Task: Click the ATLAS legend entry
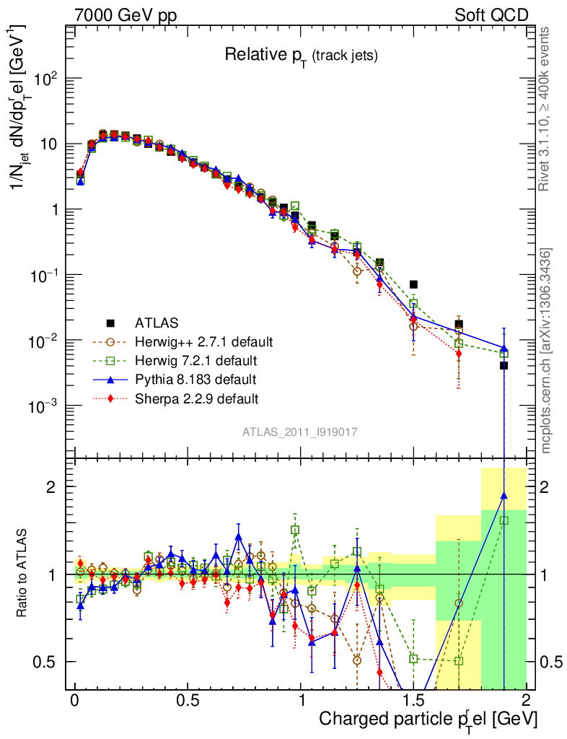tap(157, 323)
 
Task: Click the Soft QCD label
tap(491, 15)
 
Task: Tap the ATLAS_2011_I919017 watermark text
tap(300, 432)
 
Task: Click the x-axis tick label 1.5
tap(413, 701)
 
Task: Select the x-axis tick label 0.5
tap(188, 701)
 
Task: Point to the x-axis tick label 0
tap(75, 701)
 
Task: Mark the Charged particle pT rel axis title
tap(428, 720)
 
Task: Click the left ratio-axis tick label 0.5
tap(45, 662)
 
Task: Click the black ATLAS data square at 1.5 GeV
tap(413, 284)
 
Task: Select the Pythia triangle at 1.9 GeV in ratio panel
tap(504, 496)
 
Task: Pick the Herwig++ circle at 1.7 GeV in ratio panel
tap(459, 603)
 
